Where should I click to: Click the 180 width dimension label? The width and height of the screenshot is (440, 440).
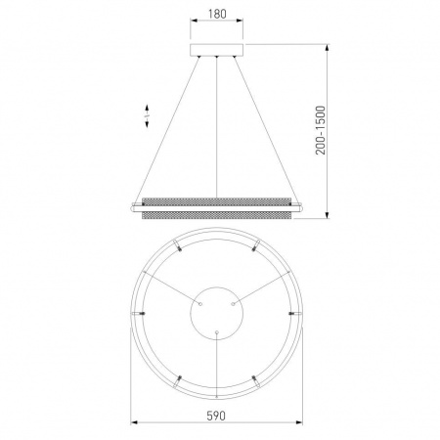(217, 14)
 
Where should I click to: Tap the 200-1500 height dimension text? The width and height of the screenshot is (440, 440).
(321, 130)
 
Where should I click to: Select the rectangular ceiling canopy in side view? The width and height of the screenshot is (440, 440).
(217, 50)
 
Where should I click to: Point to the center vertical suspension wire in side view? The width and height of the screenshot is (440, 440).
(217, 127)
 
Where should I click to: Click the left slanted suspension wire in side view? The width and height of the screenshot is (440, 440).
(167, 130)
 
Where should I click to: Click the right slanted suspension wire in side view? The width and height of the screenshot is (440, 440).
(266, 130)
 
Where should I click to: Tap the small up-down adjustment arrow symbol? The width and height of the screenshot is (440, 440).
(147, 115)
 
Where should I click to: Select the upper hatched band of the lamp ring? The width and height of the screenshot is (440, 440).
(217, 201)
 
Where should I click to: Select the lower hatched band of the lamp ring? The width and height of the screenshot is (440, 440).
(217, 215)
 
